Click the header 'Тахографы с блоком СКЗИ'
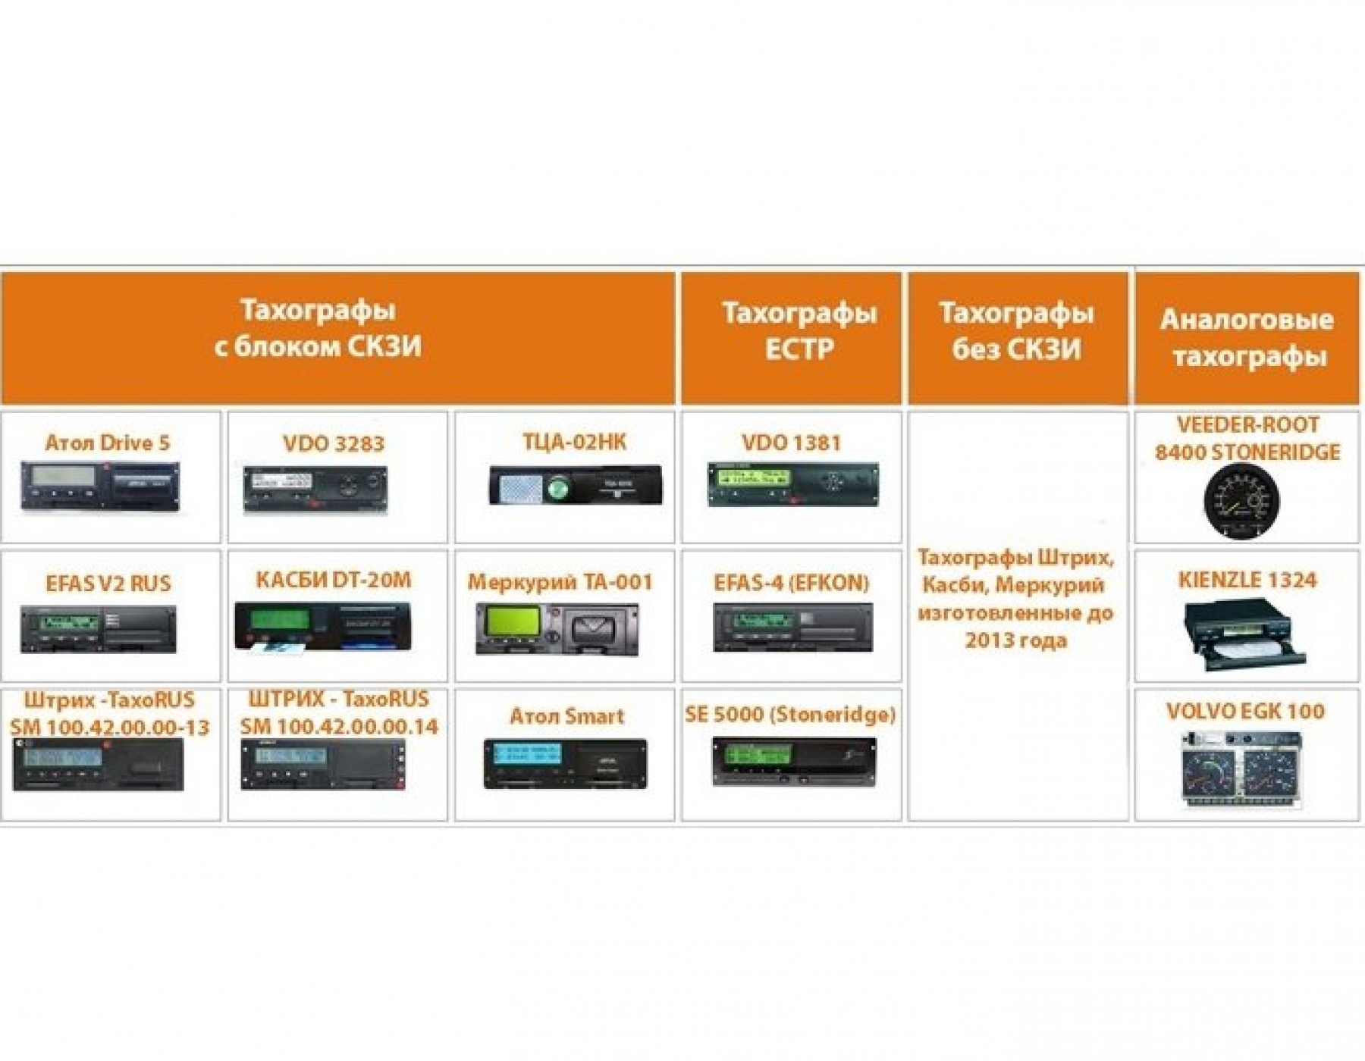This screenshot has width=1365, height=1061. click(x=318, y=328)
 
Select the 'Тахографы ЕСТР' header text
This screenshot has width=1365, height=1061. click(x=799, y=330)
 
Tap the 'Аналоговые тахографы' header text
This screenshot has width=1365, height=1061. click(x=1247, y=337)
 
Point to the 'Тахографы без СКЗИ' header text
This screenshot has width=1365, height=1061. click(x=1017, y=330)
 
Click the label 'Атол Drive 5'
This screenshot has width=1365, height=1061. click(x=108, y=443)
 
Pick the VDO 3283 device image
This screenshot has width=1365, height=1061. click(x=315, y=489)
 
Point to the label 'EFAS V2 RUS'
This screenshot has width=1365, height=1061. click(x=108, y=584)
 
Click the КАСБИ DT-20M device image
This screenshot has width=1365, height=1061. click(x=323, y=626)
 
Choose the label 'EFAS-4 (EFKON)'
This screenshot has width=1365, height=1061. click(x=791, y=582)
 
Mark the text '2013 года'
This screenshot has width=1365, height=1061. click(x=1016, y=640)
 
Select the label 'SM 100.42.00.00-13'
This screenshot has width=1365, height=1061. click(x=110, y=728)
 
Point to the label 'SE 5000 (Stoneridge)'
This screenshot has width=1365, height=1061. click(x=790, y=714)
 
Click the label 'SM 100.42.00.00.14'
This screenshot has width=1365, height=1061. click(x=339, y=726)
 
